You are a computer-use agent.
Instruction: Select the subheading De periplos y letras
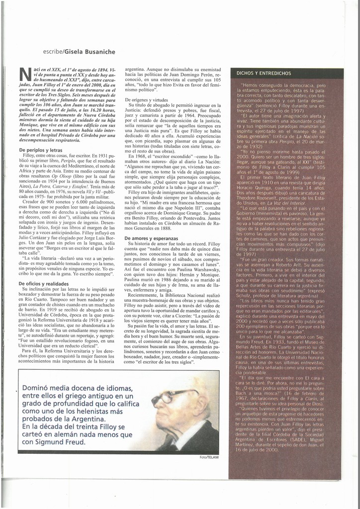point(41,150)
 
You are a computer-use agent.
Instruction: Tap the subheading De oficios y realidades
point(44,283)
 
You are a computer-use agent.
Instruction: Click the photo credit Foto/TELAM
point(209,457)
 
